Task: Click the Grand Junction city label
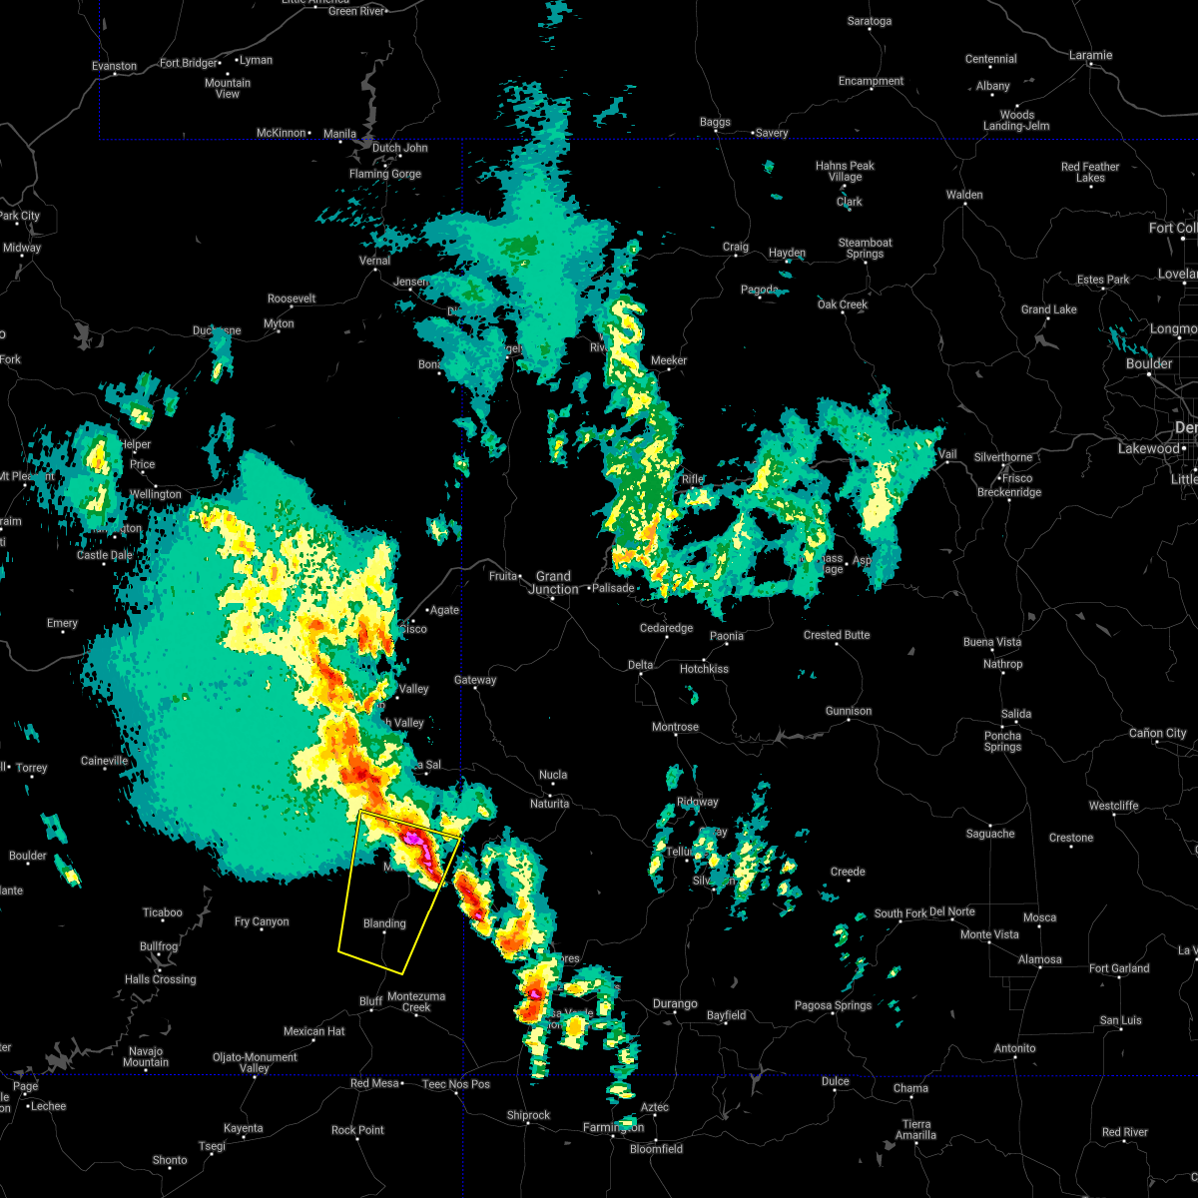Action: (553, 582)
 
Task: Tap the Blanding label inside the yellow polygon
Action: (384, 923)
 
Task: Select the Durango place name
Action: (675, 1003)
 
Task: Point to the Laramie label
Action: (1090, 55)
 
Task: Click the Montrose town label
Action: (675, 727)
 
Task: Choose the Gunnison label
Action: (849, 711)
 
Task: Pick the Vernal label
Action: (374, 261)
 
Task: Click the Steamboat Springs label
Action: (865, 249)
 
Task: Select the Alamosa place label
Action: (1039, 959)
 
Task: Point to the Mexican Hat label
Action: (314, 1031)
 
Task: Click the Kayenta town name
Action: (243, 1128)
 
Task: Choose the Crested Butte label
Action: (837, 635)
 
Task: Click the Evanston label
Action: (114, 66)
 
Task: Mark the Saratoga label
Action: (869, 21)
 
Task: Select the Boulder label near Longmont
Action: (1149, 363)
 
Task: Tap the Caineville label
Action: (104, 761)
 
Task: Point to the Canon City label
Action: (1158, 733)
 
